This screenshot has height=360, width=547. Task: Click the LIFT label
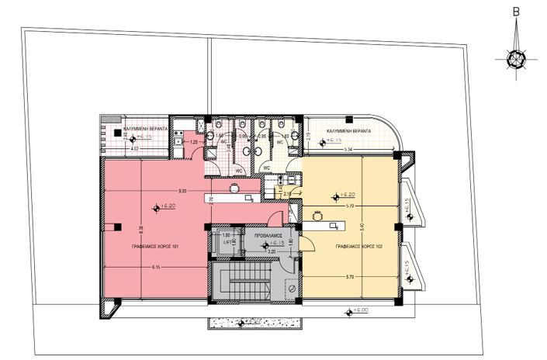[x=227, y=242]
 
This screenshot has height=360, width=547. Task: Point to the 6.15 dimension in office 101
[x=155, y=268]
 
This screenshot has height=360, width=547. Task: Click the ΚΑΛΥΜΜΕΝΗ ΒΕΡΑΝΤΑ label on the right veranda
[x=348, y=132]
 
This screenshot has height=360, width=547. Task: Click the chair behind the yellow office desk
[x=317, y=215]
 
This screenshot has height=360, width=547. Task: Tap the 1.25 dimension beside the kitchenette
[x=193, y=143]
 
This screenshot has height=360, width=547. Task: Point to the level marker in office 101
[x=156, y=207]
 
